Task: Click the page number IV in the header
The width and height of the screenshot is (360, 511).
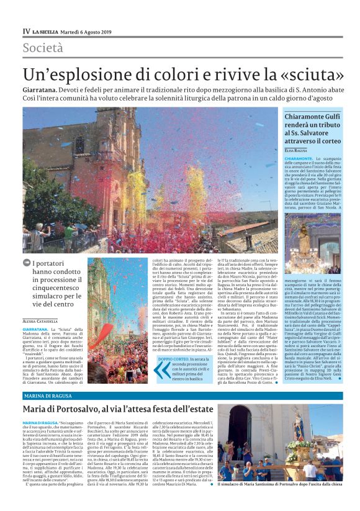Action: pyautogui.click(x=26, y=31)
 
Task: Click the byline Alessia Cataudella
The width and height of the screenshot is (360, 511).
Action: pyautogui.click(x=48, y=320)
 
